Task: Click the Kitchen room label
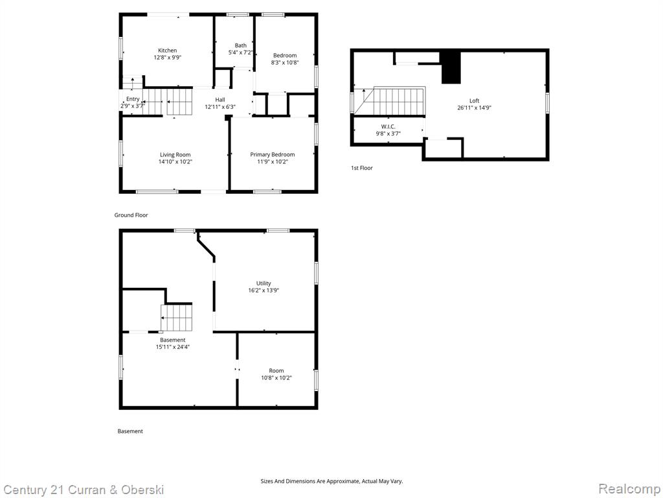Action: click(x=168, y=51)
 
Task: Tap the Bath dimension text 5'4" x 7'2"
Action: click(x=241, y=53)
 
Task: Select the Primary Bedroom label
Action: click(x=273, y=154)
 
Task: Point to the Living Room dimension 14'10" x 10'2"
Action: click(x=175, y=161)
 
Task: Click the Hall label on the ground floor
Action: click(x=220, y=99)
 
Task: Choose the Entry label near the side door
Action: click(x=133, y=99)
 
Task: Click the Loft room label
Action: click(x=475, y=101)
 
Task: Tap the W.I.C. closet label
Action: click(x=388, y=126)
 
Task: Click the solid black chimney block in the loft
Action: click(x=451, y=67)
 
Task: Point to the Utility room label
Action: click(x=264, y=283)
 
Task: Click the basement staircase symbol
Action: click(x=176, y=318)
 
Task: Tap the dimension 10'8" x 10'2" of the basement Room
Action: click(x=276, y=378)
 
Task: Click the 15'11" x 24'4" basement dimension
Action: click(x=172, y=347)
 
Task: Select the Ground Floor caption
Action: click(x=131, y=215)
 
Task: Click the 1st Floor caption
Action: click(x=362, y=168)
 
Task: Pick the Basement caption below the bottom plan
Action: click(x=130, y=431)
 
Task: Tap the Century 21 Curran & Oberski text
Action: click(x=84, y=490)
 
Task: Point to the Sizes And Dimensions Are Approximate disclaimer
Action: click(x=331, y=481)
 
